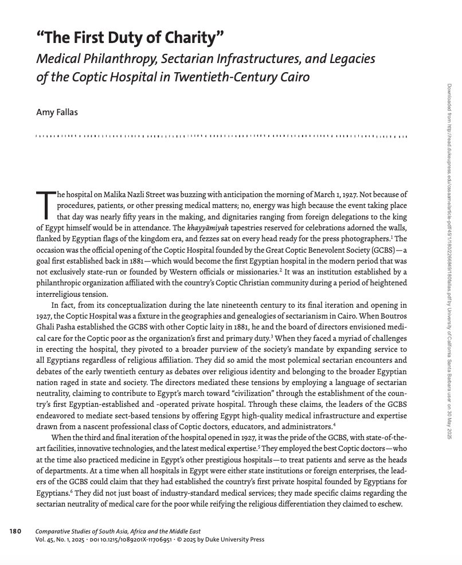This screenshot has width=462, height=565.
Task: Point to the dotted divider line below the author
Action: (x=221, y=138)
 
